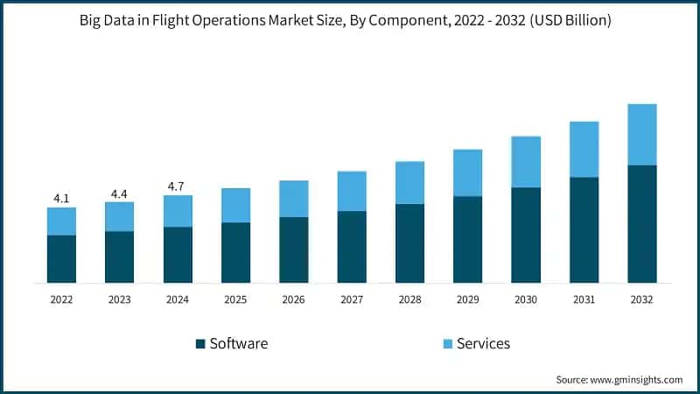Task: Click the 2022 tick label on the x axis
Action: click(x=61, y=299)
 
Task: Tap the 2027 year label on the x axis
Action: click(x=352, y=299)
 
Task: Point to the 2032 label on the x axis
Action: click(x=641, y=299)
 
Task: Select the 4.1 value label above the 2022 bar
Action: click(x=61, y=199)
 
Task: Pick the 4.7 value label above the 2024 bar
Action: click(x=178, y=186)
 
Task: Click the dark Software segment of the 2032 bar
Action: click(x=641, y=224)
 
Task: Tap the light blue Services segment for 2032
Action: click(x=641, y=135)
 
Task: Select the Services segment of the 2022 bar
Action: click(x=61, y=222)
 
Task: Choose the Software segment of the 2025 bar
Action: click(x=235, y=253)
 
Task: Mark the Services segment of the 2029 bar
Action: click(x=467, y=172)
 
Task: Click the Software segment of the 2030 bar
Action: click(x=526, y=236)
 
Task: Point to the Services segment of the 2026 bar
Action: click(x=293, y=199)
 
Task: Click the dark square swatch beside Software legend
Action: click(x=200, y=343)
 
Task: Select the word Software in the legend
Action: click(x=239, y=343)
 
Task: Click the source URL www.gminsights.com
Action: click(x=635, y=379)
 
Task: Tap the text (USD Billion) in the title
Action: click(x=567, y=21)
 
